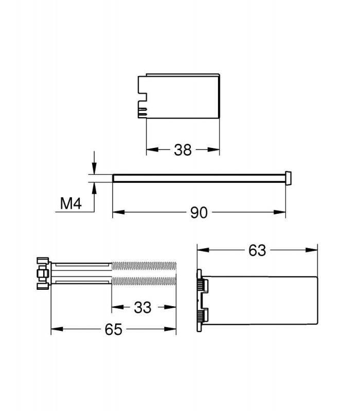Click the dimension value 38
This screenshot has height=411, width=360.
(183, 150)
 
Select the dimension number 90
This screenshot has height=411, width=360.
(199, 213)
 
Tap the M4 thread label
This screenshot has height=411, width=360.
(71, 203)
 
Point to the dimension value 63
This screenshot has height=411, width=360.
(257, 250)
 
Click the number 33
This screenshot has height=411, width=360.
(143, 307)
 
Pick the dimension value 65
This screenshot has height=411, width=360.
(113, 329)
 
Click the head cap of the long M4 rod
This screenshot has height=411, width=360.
(288, 178)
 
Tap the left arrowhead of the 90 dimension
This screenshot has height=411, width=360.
(119, 212)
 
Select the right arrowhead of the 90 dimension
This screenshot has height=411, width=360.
(279, 212)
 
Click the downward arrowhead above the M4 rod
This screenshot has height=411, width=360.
(94, 169)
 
